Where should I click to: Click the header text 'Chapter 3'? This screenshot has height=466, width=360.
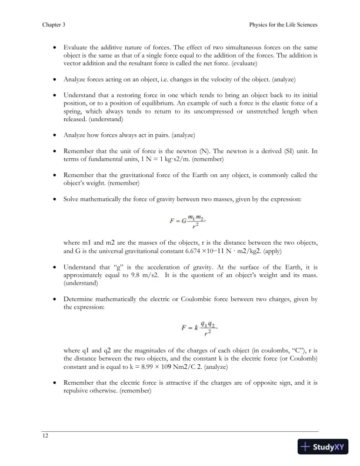click(54, 25)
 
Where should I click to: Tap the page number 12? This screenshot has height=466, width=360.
click(45, 435)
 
